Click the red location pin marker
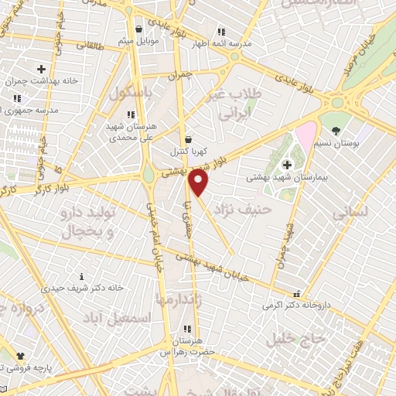click(199, 183)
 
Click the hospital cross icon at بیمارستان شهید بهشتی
click(287, 164)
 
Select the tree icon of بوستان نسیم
click(335, 131)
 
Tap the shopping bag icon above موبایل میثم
click(138, 29)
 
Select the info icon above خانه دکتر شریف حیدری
click(83, 276)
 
